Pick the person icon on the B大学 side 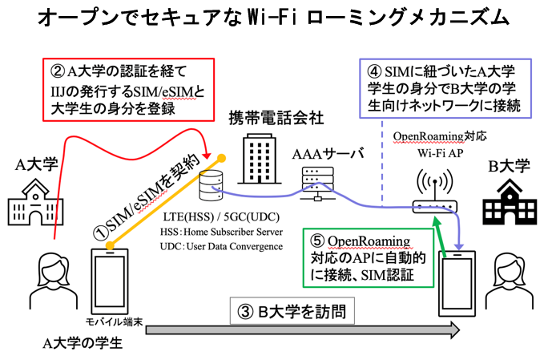pos(514,285)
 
